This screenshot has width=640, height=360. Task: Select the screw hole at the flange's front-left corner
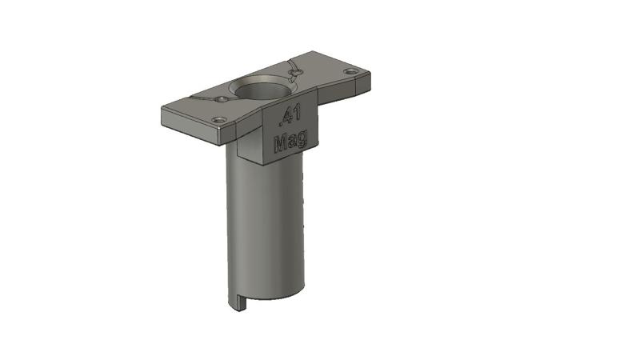(218, 119)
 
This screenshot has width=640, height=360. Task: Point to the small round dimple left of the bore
(220, 99)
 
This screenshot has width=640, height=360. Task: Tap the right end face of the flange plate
(370, 79)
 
